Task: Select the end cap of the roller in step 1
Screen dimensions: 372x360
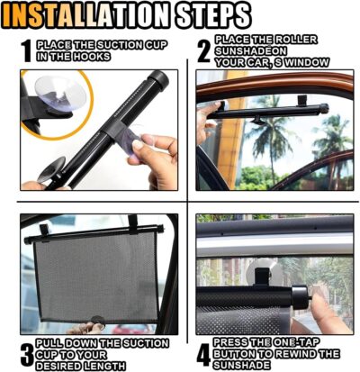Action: [160, 80]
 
